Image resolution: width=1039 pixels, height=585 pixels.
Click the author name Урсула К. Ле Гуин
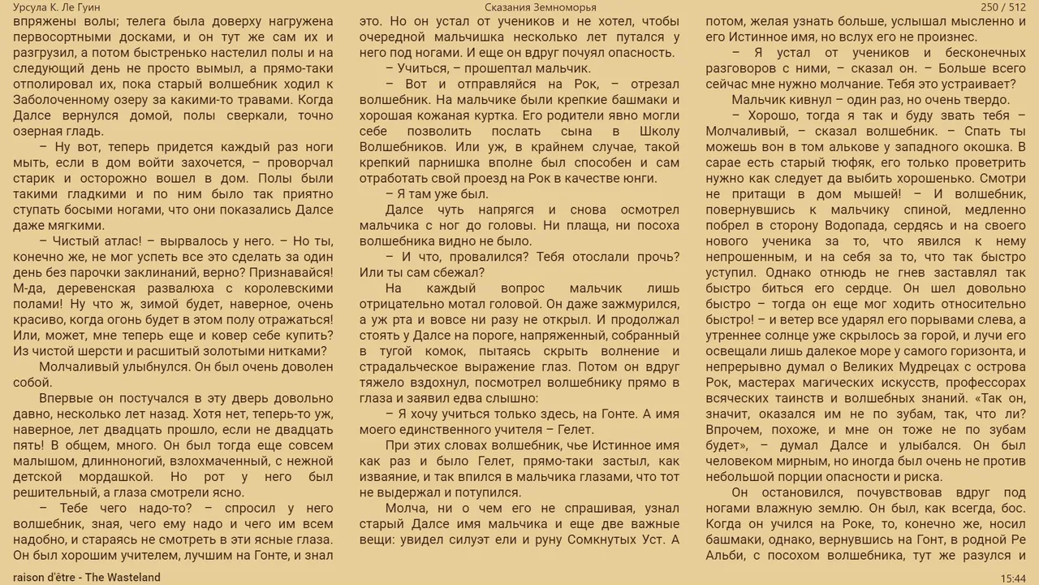click(57, 7)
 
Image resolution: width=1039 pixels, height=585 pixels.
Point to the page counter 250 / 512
click(1003, 7)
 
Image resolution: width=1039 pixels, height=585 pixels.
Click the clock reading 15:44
click(1013, 578)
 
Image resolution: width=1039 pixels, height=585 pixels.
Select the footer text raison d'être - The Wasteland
click(87, 578)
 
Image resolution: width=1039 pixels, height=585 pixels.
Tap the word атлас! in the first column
click(123, 242)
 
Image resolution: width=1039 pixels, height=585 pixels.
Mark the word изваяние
click(389, 477)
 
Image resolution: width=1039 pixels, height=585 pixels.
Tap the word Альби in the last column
click(728, 556)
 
